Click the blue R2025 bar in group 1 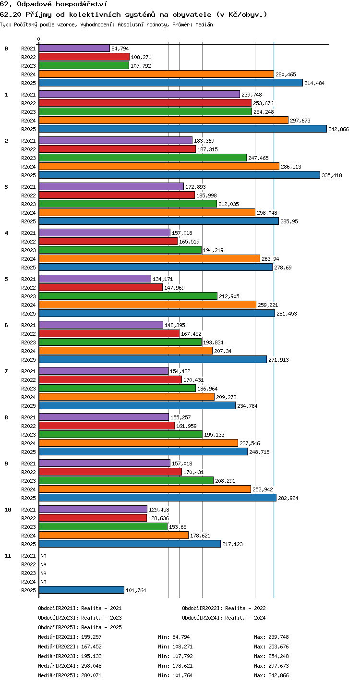point(183,129)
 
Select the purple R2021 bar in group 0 point(74,48)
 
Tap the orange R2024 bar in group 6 point(126,351)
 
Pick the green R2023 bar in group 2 point(143,158)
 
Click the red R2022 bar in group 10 point(93,518)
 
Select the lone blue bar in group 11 point(82,590)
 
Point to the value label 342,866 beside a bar point(338,129)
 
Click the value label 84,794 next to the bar point(120,49)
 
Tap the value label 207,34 point(223,351)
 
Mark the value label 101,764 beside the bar point(136,590)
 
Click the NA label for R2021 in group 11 point(43,556)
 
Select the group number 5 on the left point(6,279)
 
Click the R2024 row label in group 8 point(28,443)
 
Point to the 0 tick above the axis point(39,39)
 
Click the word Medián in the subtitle point(204,24)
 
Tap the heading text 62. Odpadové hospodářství point(54,4)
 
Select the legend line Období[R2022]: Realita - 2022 point(224,608)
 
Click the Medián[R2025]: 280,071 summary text point(70,675)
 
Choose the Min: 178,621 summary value point(175,666)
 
